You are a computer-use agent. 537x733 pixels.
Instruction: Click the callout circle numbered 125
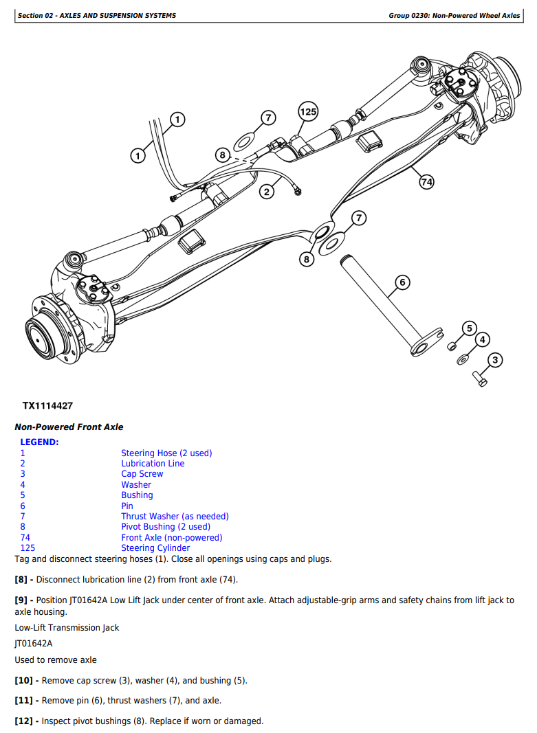pos(308,111)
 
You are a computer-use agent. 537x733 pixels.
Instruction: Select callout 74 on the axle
pos(426,182)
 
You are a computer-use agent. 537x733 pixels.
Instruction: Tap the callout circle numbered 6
pos(403,282)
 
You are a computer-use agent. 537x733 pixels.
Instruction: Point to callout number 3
pos(495,360)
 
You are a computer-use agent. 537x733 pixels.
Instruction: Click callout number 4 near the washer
pos(483,339)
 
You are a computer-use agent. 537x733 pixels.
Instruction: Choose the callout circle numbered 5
pos(470,328)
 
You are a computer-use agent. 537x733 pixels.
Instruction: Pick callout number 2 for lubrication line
pos(267,192)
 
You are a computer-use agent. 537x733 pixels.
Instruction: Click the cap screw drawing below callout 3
pos(480,376)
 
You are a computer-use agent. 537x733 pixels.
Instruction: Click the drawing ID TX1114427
pos(47,406)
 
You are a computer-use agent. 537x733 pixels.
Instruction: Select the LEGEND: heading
pos(39,442)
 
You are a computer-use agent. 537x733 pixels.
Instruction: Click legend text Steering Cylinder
pos(155,548)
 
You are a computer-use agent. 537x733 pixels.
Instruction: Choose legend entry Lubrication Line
pos(153,464)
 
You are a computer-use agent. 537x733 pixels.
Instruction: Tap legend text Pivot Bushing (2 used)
pos(166,527)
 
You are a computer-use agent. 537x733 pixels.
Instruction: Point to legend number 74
pos(25,538)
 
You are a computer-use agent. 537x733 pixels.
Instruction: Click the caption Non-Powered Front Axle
pos(69,427)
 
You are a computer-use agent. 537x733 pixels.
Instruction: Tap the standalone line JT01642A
pos(34,644)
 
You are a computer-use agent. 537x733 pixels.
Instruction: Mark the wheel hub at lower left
pos(50,332)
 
